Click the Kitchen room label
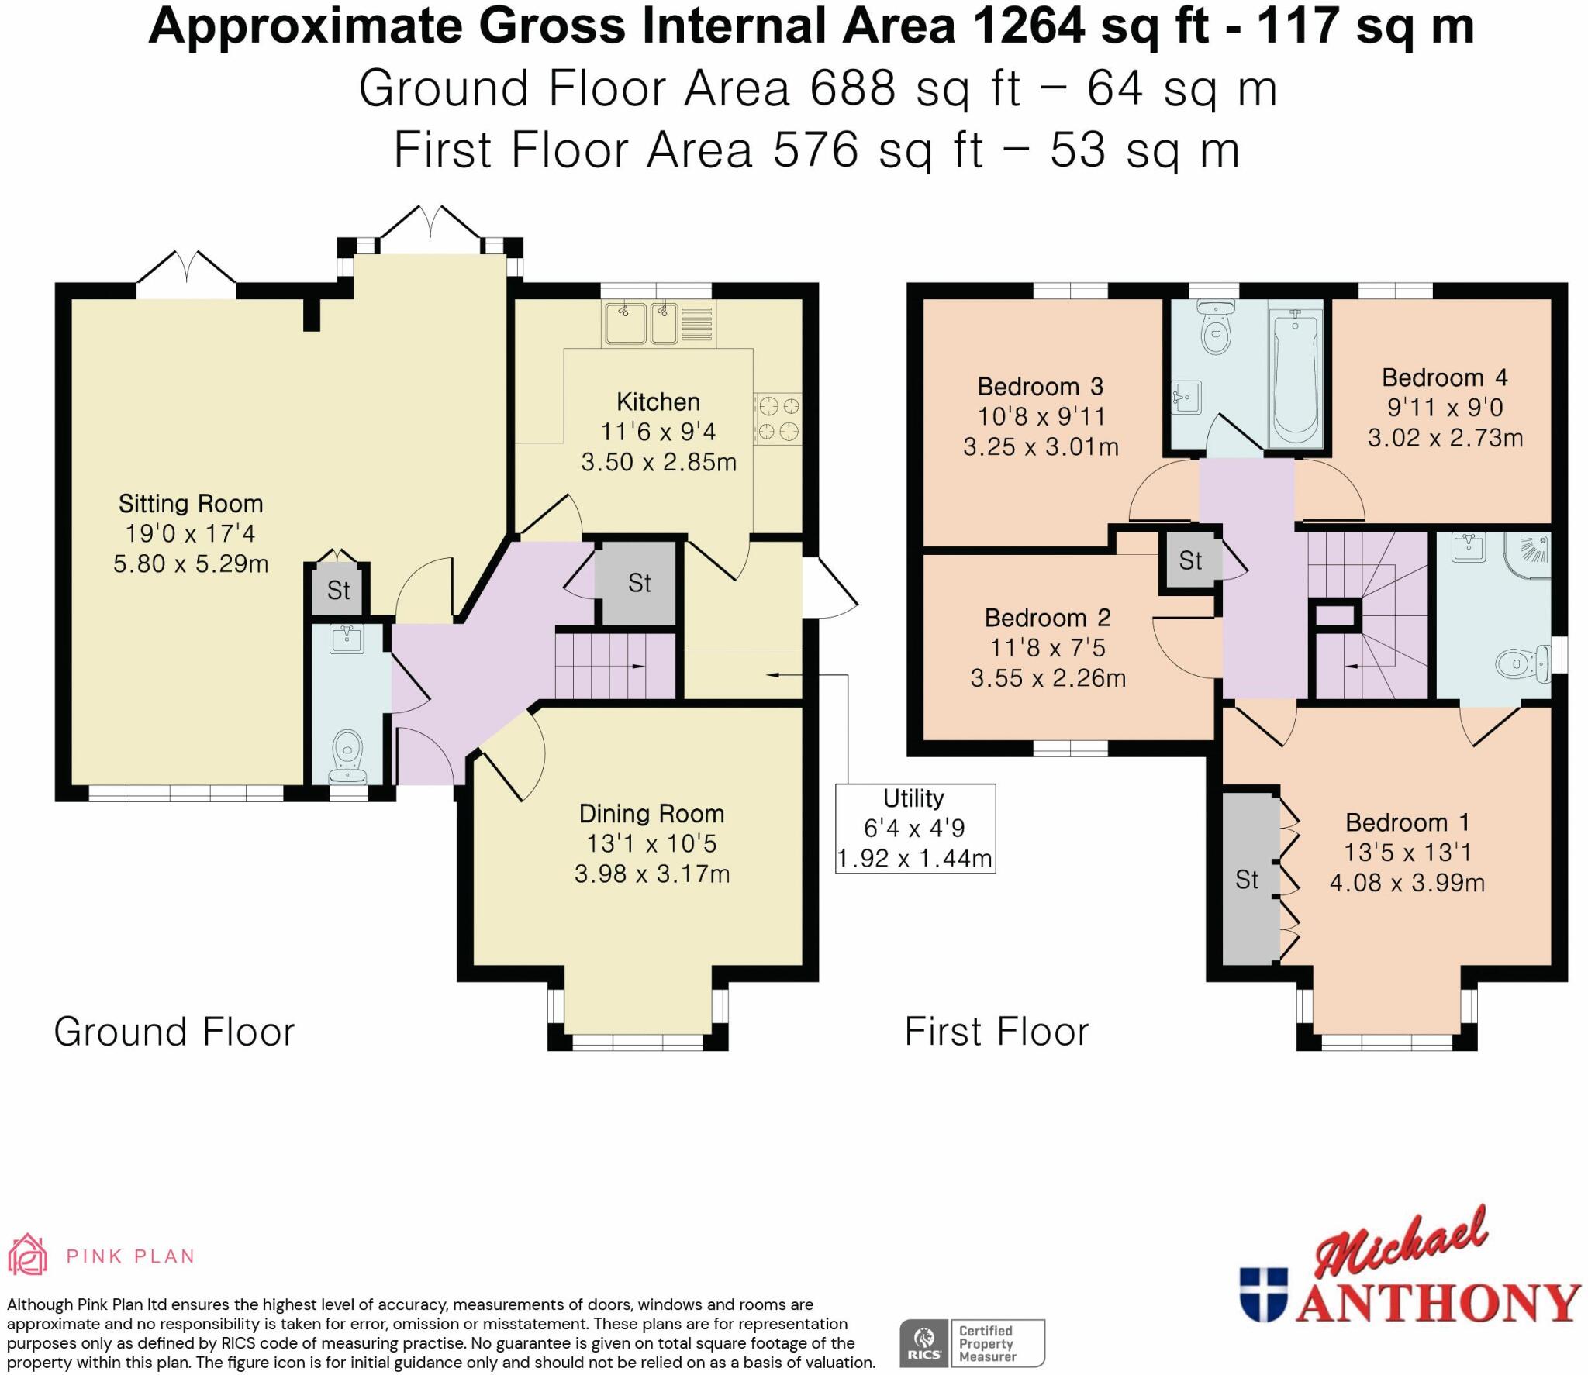tap(658, 401)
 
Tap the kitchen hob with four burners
tap(778, 419)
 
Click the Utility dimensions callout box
tap(915, 829)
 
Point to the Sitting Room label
tap(191, 504)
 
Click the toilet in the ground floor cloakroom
tap(347, 756)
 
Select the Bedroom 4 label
tap(1445, 377)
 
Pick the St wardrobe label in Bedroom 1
tap(1247, 880)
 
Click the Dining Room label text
tap(651, 814)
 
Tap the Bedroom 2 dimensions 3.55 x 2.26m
tap(1048, 678)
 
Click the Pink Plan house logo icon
tap(27, 1255)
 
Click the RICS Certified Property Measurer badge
tap(972, 1343)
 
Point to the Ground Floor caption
tap(174, 1032)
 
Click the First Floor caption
tap(996, 1032)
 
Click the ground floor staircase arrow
tap(636, 666)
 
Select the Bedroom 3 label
tap(1040, 386)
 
